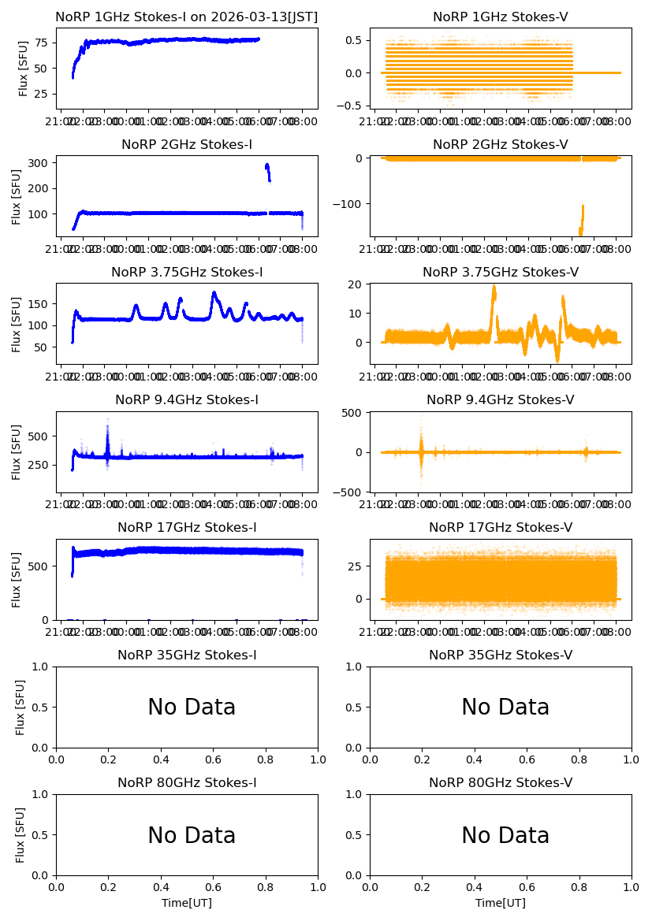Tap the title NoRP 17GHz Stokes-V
pyautogui.click(x=501, y=527)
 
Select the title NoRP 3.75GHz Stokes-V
pyautogui.click(x=501, y=272)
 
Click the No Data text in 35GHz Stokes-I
pyautogui.click(x=192, y=707)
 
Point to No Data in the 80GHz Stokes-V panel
pyautogui.click(x=505, y=835)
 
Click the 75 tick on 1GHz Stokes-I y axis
pyautogui.click(x=42, y=43)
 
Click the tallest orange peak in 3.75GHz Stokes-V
pyautogui.click(x=494, y=288)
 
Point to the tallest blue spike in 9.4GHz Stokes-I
pyautogui.click(x=107, y=421)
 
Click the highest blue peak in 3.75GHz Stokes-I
pyautogui.click(x=214, y=294)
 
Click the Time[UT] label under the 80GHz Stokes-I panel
pyautogui.click(x=187, y=903)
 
